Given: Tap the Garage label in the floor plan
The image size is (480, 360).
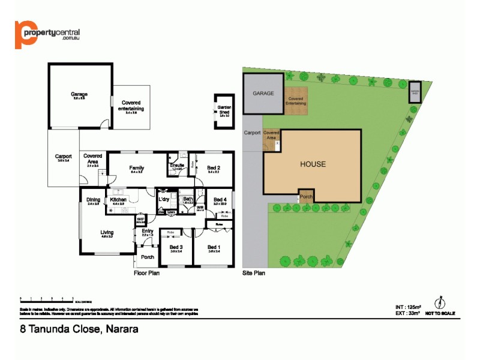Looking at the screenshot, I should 79,94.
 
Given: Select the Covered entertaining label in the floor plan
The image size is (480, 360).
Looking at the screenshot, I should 131,106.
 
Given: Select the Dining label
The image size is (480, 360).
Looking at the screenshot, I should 93,200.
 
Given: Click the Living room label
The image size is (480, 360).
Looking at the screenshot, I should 107,232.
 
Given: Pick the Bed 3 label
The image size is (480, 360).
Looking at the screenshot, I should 176,247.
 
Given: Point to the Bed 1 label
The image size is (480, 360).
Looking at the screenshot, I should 214,247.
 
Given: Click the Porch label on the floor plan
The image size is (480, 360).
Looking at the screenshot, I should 147,257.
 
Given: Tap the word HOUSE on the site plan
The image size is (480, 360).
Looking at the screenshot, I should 313,164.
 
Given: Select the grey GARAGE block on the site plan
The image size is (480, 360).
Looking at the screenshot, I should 263,94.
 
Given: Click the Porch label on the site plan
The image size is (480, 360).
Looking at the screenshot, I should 306,196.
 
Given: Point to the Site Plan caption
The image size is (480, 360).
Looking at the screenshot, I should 254,272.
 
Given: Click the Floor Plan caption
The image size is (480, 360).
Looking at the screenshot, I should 146,272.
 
